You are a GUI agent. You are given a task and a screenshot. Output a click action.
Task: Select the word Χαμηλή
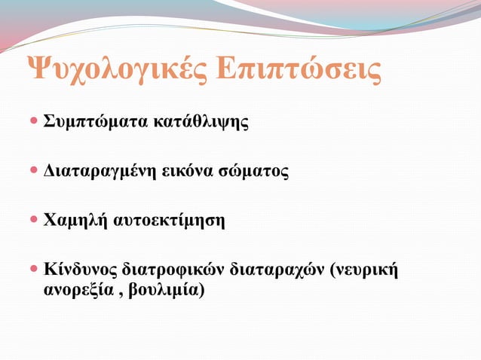point(73,221)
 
